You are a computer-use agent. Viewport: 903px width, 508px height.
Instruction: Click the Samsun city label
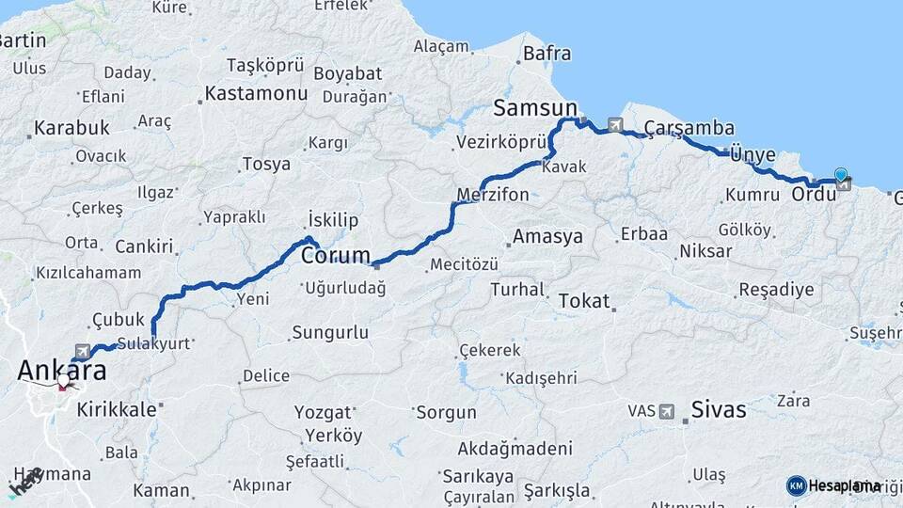pyautogui.click(x=535, y=107)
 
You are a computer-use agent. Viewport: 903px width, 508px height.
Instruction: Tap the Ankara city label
pyautogui.click(x=61, y=371)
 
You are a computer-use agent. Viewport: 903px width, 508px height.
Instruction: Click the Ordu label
pyautogui.click(x=814, y=195)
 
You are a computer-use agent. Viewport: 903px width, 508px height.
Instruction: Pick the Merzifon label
pyautogui.click(x=493, y=196)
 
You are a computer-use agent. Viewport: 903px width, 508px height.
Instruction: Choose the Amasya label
pyautogui.click(x=548, y=236)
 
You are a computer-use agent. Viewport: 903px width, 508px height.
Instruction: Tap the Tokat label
pyautogui.click(x=584, y=301)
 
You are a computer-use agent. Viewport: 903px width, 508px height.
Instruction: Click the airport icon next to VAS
pyautogui.click(x=667, y=411)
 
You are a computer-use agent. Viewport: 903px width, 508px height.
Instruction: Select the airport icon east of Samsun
pyautogui.click(x=615, y=123)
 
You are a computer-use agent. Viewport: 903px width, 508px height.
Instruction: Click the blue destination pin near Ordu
pyautogui.click(x=840, y=175)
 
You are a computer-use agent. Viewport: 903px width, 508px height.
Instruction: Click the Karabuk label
pyautogui.click(x=71, y=127)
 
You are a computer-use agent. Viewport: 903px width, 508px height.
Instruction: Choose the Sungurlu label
pyautogui.click(x=330, y=332)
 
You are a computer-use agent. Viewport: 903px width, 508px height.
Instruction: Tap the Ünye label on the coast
pyautogui.click(x=752, y=155)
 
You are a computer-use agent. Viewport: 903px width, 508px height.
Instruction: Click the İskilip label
pyautogui.click(x=334, y=220)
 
